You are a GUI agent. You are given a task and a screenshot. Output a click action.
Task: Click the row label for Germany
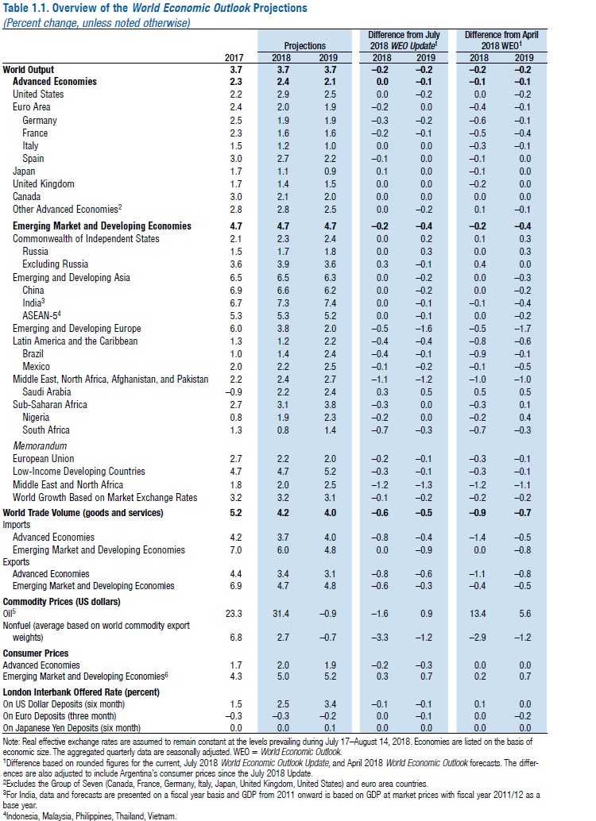point(40,120)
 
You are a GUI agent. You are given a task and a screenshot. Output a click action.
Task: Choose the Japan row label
point(24,171)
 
